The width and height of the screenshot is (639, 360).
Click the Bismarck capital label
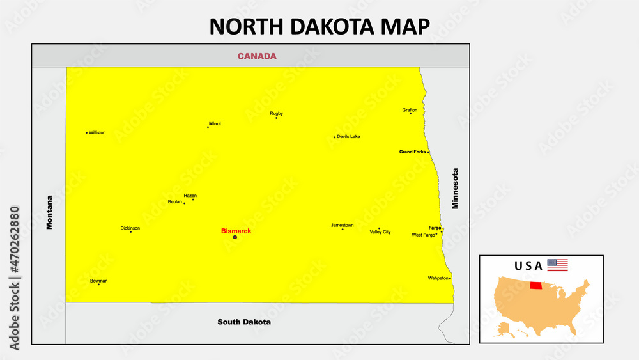pyautogui.click(x=236, y=231)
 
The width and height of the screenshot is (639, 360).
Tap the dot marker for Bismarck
pyautogui.click(x=235, y=237)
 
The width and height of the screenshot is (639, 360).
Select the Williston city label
pyautogui.click(x=98, y=132)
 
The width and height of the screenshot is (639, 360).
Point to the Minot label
pyautogui.click(x=215, y=123)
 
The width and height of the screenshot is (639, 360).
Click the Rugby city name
pyautogui.click(x=276, y=113)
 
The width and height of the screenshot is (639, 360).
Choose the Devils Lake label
pyautogui.click(x=348, y=136)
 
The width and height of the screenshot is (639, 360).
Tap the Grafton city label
pyautogui.click(x=410, y=110)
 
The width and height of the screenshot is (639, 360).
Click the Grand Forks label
pyautogui.click(x=412, y=152)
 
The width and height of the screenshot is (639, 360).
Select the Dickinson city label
pyautogui.click(x=130, y=228)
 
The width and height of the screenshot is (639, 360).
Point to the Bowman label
pyautogui.click(x=98, y=281)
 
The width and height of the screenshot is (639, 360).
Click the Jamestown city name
pyautogui.click(x=342, y=225)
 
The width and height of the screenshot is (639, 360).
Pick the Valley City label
pyautogui.click(x=380, y=232)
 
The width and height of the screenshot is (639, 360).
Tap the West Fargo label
pyautogui.click(x=423, y=235)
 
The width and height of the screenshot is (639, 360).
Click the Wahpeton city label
pyautogui.click(x=438, y=278)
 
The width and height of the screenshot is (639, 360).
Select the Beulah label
pyautogui.click(x=174, y=201)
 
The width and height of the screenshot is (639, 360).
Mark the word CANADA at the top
pyautogui.click(x=257, y=56)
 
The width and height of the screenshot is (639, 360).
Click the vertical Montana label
pyautogui.click(x=50, y=212)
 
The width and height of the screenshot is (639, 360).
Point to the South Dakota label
pyautogui.click(x=244, y=322)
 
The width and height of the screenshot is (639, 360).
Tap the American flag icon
pyautogui.click(x=557, y=265)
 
